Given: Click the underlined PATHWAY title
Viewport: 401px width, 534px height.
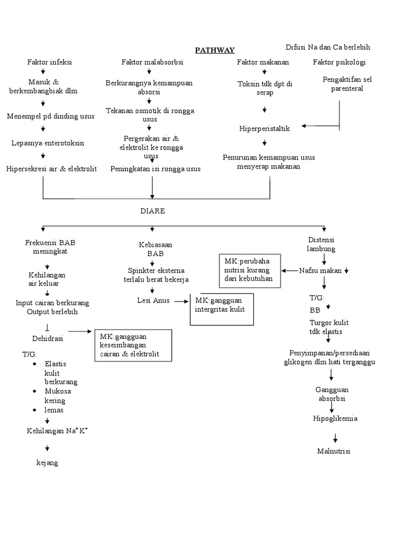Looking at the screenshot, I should tap(215, 50).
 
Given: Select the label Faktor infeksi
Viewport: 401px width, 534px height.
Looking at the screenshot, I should tap(50, 62).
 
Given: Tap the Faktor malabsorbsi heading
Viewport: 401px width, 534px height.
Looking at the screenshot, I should tap(152, 62).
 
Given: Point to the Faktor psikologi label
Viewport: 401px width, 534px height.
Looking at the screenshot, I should tap(339, 62).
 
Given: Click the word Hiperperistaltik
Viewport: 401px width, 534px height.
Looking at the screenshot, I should tap(264, 128).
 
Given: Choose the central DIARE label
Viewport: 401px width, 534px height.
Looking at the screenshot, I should tap(152, 210).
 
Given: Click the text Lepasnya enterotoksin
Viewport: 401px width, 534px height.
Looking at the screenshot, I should tap(48, 142).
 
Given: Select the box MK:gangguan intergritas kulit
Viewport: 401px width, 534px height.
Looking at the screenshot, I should tap(222, 309).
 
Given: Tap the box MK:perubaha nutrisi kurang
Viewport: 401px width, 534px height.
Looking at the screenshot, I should tap(250, 270).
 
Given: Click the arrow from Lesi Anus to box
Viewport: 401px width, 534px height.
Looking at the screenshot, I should tap(181, 301).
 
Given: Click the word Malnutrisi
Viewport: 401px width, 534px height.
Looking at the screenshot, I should tap(333, 451).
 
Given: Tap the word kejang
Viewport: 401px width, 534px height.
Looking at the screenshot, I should tap(46, 462).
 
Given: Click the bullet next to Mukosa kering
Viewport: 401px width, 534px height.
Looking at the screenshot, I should tap(34, 391).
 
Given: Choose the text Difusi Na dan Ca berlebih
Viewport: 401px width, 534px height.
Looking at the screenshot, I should tap(328, 47).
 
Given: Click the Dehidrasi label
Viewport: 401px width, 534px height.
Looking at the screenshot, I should tap(48, 338).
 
